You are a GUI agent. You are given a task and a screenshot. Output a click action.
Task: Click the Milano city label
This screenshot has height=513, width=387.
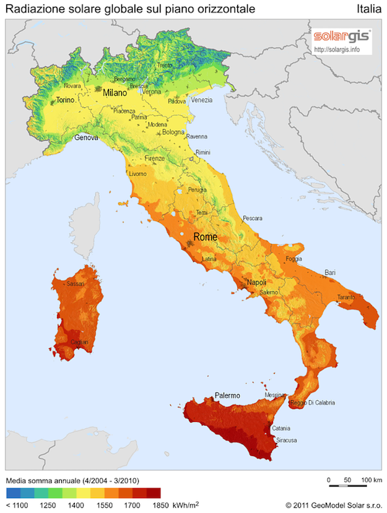115,93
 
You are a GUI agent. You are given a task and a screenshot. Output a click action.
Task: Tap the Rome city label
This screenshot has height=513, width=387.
205,237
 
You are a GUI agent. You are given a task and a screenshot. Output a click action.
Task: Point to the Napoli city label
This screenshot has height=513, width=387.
256,283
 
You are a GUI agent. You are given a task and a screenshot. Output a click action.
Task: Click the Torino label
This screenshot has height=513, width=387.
65,100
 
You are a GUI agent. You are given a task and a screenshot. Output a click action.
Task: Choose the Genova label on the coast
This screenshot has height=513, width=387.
86,138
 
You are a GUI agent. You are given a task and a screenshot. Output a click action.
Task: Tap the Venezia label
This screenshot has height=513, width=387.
201,100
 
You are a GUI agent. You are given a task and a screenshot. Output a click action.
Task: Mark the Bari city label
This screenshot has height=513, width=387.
331,273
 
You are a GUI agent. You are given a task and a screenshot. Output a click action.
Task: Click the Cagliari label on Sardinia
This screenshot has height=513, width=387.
79,342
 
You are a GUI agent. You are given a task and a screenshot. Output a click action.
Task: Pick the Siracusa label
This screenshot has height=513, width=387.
286,440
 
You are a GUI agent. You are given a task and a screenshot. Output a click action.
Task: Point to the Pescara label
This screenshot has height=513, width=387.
252,218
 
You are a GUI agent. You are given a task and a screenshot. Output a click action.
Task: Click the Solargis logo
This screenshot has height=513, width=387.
341,35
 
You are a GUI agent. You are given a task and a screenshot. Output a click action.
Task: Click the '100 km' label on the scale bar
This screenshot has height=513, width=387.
370,480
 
